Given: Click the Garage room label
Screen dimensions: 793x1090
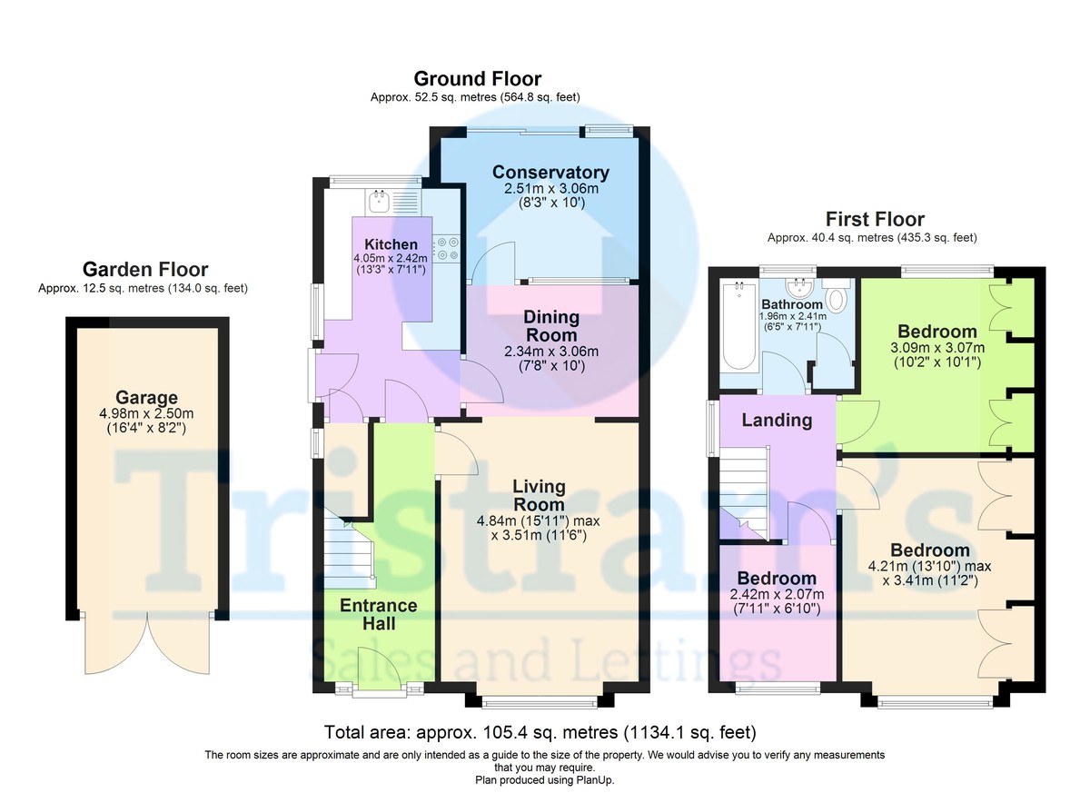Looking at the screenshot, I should point(146,398).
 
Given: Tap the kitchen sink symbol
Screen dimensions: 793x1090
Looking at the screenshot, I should point(380,200).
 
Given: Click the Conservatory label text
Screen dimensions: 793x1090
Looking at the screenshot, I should point(550,173).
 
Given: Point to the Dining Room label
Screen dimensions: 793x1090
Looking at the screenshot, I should point(550,325).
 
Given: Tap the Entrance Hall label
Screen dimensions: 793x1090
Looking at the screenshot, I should point(378,615).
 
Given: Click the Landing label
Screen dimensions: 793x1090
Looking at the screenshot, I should point(777,420).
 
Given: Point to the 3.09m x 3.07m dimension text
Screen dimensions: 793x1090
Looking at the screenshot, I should point(936,348).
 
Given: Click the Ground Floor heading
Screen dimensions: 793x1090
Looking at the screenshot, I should point(477,79).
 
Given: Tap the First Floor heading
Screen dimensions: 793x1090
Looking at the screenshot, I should point(874,219).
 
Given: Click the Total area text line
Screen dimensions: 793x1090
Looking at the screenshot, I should point(540,732).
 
